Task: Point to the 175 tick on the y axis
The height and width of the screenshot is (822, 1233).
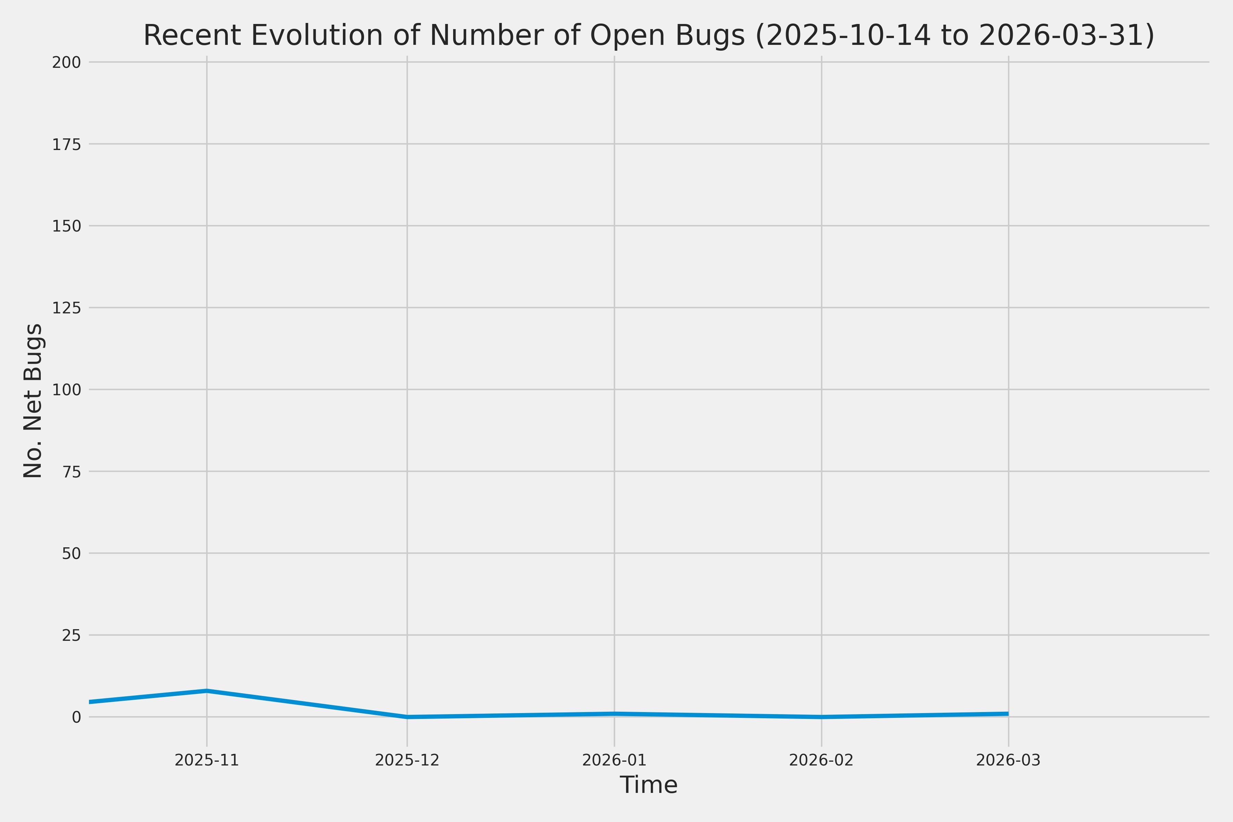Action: coord(66,145)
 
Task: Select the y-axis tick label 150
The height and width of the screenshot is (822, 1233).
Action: coord(66,226)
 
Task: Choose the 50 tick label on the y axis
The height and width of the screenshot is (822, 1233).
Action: coord(71,553)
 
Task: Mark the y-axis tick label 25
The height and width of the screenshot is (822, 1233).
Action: coord(71,635)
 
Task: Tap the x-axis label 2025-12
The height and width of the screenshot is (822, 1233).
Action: coord(407,760)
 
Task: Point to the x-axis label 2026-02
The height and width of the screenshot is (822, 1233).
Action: coord(821,760)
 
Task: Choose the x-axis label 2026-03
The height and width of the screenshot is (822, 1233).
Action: coord(1008,760)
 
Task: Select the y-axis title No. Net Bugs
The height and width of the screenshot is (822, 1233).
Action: coord(33,400)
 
